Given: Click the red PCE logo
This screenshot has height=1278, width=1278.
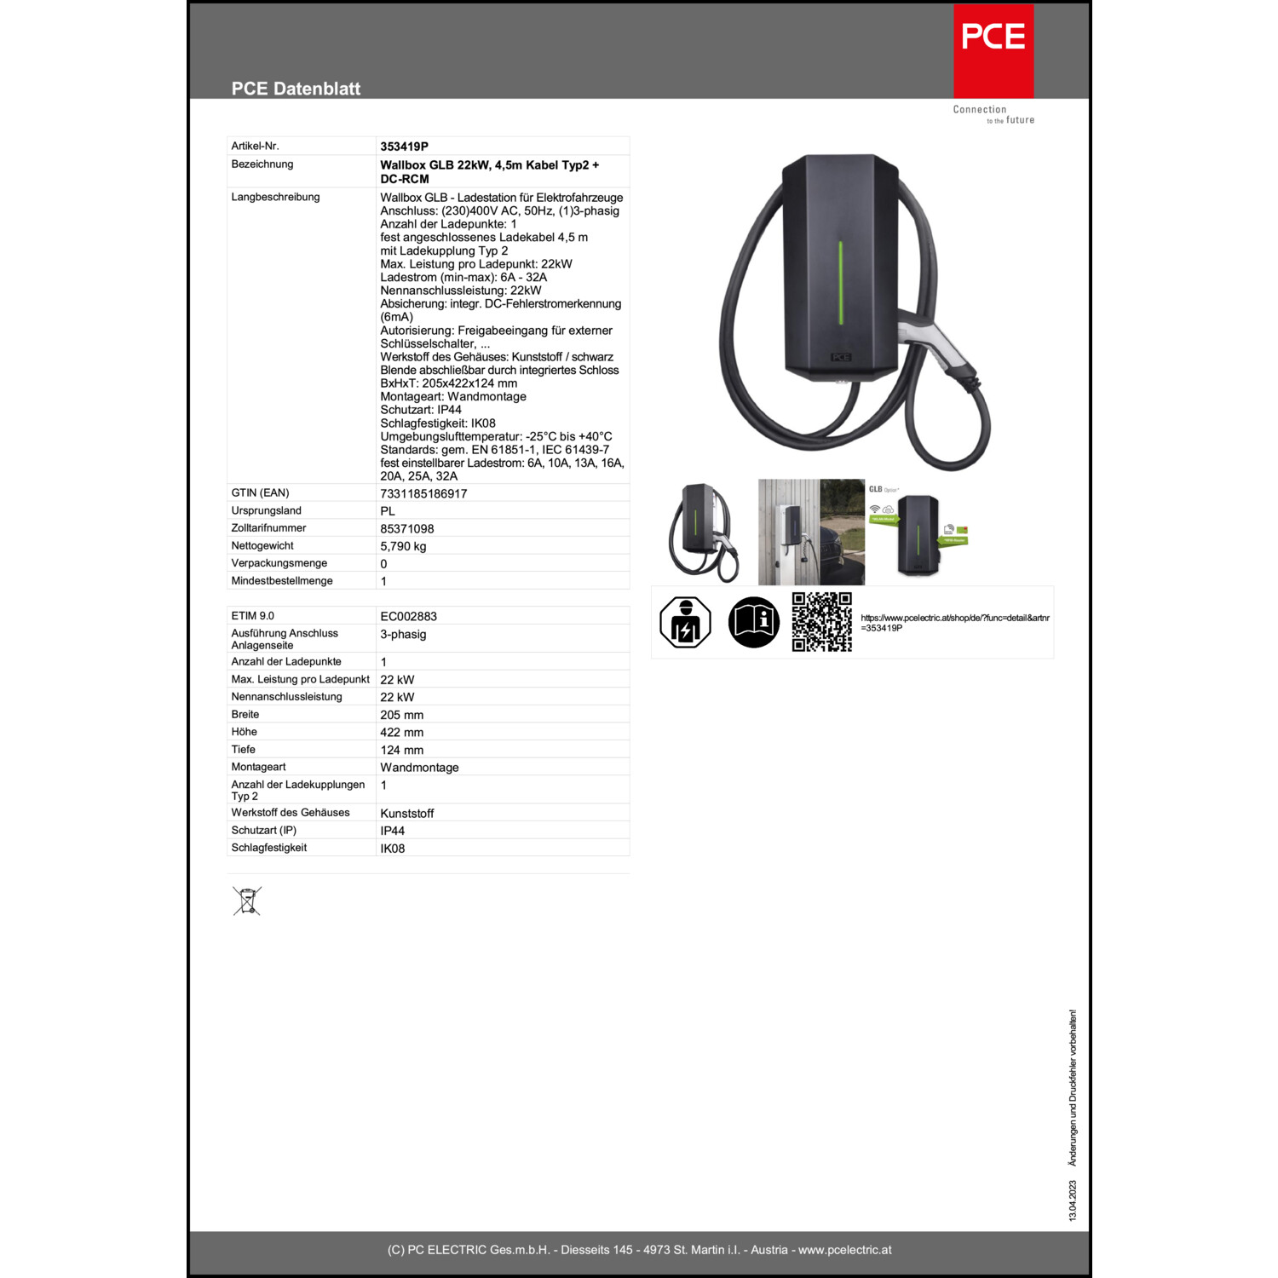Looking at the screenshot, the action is point(993,51).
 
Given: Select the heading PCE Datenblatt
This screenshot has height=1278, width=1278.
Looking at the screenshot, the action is point(296,89).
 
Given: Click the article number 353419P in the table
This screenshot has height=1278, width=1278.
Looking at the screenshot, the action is point(404,147).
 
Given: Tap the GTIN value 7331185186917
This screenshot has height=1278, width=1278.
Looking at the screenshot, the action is point(423,494).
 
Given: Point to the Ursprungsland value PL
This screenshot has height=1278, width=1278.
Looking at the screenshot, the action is point(388,511).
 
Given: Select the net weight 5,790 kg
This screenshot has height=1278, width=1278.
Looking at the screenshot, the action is point(403,547).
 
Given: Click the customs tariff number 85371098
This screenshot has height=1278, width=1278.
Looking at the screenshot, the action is point(407,529).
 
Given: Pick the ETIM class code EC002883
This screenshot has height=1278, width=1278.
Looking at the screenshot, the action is point(409,617).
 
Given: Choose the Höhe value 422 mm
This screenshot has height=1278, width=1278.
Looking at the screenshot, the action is point(402,733).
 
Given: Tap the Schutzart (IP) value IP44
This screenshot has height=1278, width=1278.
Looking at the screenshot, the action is point(393,831).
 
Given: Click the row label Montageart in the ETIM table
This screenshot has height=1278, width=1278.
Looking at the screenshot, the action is point(259,767).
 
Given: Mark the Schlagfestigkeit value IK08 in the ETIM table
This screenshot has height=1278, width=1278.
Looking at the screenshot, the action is point(393,849).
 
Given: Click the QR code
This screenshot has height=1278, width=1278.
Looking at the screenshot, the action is point(822,622).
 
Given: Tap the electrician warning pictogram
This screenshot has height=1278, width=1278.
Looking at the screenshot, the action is point(685,622).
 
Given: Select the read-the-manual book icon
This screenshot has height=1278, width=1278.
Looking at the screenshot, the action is point(754,622).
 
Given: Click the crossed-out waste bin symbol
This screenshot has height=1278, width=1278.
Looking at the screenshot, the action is point(247,901).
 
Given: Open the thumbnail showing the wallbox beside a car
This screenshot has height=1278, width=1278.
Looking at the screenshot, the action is point(811,532).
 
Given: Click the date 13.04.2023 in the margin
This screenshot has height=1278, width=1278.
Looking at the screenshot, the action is point(1073,1200).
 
